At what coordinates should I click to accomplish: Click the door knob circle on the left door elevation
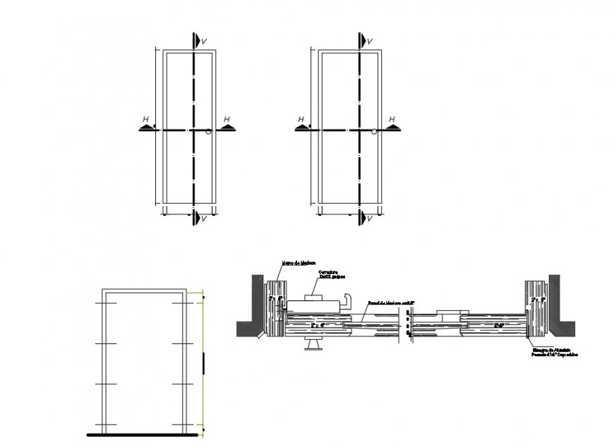pos(208,132)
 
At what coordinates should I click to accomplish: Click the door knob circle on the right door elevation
pos(373,131)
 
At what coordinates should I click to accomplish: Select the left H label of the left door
pos(145,120)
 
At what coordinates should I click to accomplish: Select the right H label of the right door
pos(392,119)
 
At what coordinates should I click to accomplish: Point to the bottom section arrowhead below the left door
pos(197,217)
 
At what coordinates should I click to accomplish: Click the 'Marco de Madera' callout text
pos(299,264)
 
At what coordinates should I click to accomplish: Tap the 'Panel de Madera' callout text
pos(391,302)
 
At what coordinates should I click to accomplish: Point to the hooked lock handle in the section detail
pos(345,302)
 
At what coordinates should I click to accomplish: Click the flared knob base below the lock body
pos(311,346)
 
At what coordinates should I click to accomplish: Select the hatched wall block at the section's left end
pos(250,303)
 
